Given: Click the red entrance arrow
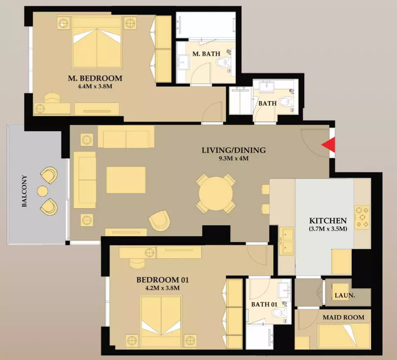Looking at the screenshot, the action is pos(329,145).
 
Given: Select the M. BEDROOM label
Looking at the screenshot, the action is pos(95,78).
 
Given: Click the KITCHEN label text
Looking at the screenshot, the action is pos(328,220).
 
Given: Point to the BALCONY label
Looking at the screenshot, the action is pos(24,191).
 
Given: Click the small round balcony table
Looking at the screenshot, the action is pos(42,191).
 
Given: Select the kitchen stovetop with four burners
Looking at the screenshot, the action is pos(362,217).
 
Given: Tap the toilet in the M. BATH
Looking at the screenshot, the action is pos(223,62).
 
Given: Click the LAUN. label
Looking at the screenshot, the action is pos(344,295).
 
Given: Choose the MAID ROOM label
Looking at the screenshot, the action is pos(344,317).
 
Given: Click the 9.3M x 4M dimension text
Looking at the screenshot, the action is pos(234,159).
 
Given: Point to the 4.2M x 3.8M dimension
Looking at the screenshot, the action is pos(162,288).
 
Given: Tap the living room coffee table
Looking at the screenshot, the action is pos(126,180).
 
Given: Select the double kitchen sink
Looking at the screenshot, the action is pos(286,241).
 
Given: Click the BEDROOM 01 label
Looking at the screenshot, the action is pos(162,280).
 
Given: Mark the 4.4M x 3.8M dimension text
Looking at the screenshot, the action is pos(95,86).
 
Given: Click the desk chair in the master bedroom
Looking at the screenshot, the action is pos(53,97).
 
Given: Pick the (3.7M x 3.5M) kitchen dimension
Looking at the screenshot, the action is pos(328,229).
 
